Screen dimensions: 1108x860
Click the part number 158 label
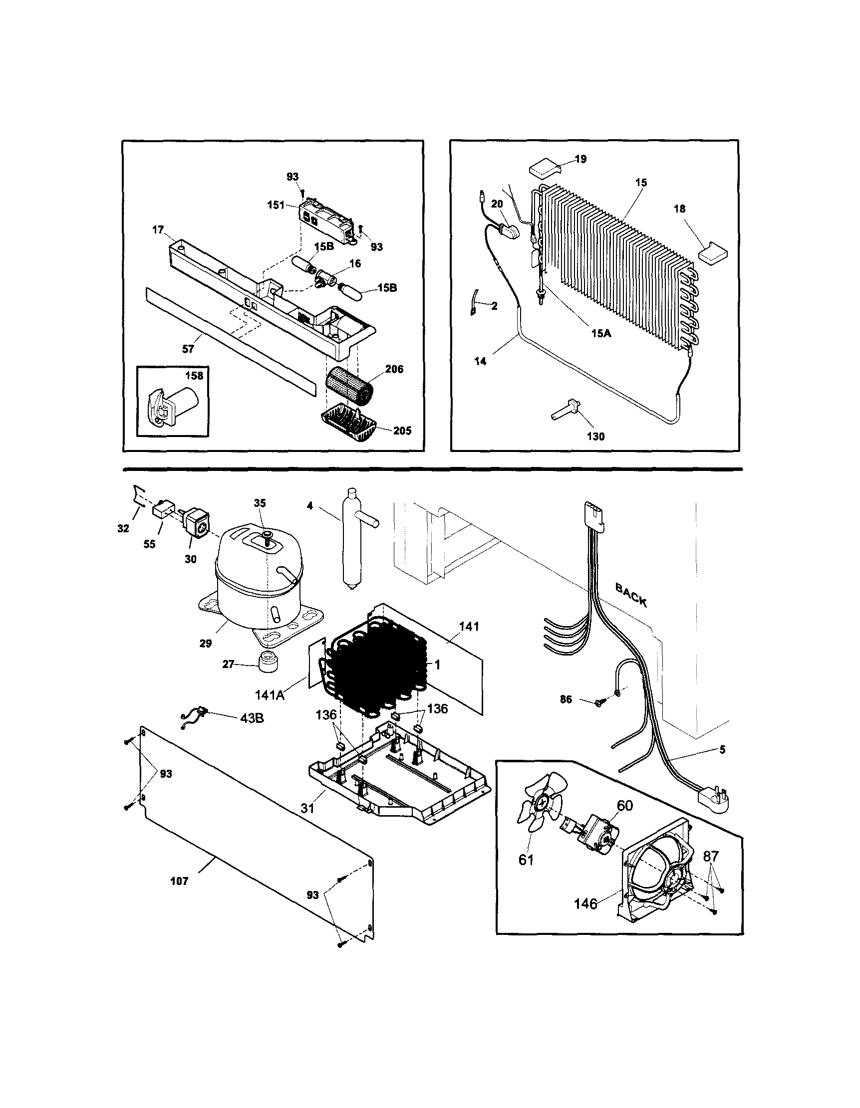click(x=194, y=376)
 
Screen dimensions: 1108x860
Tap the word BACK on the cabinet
click(x=631, y=595)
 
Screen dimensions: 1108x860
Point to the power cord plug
click(x=716, y=801)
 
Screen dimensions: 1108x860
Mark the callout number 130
click(x=595, y=437)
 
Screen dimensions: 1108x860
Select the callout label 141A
click(x=269, y=694)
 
